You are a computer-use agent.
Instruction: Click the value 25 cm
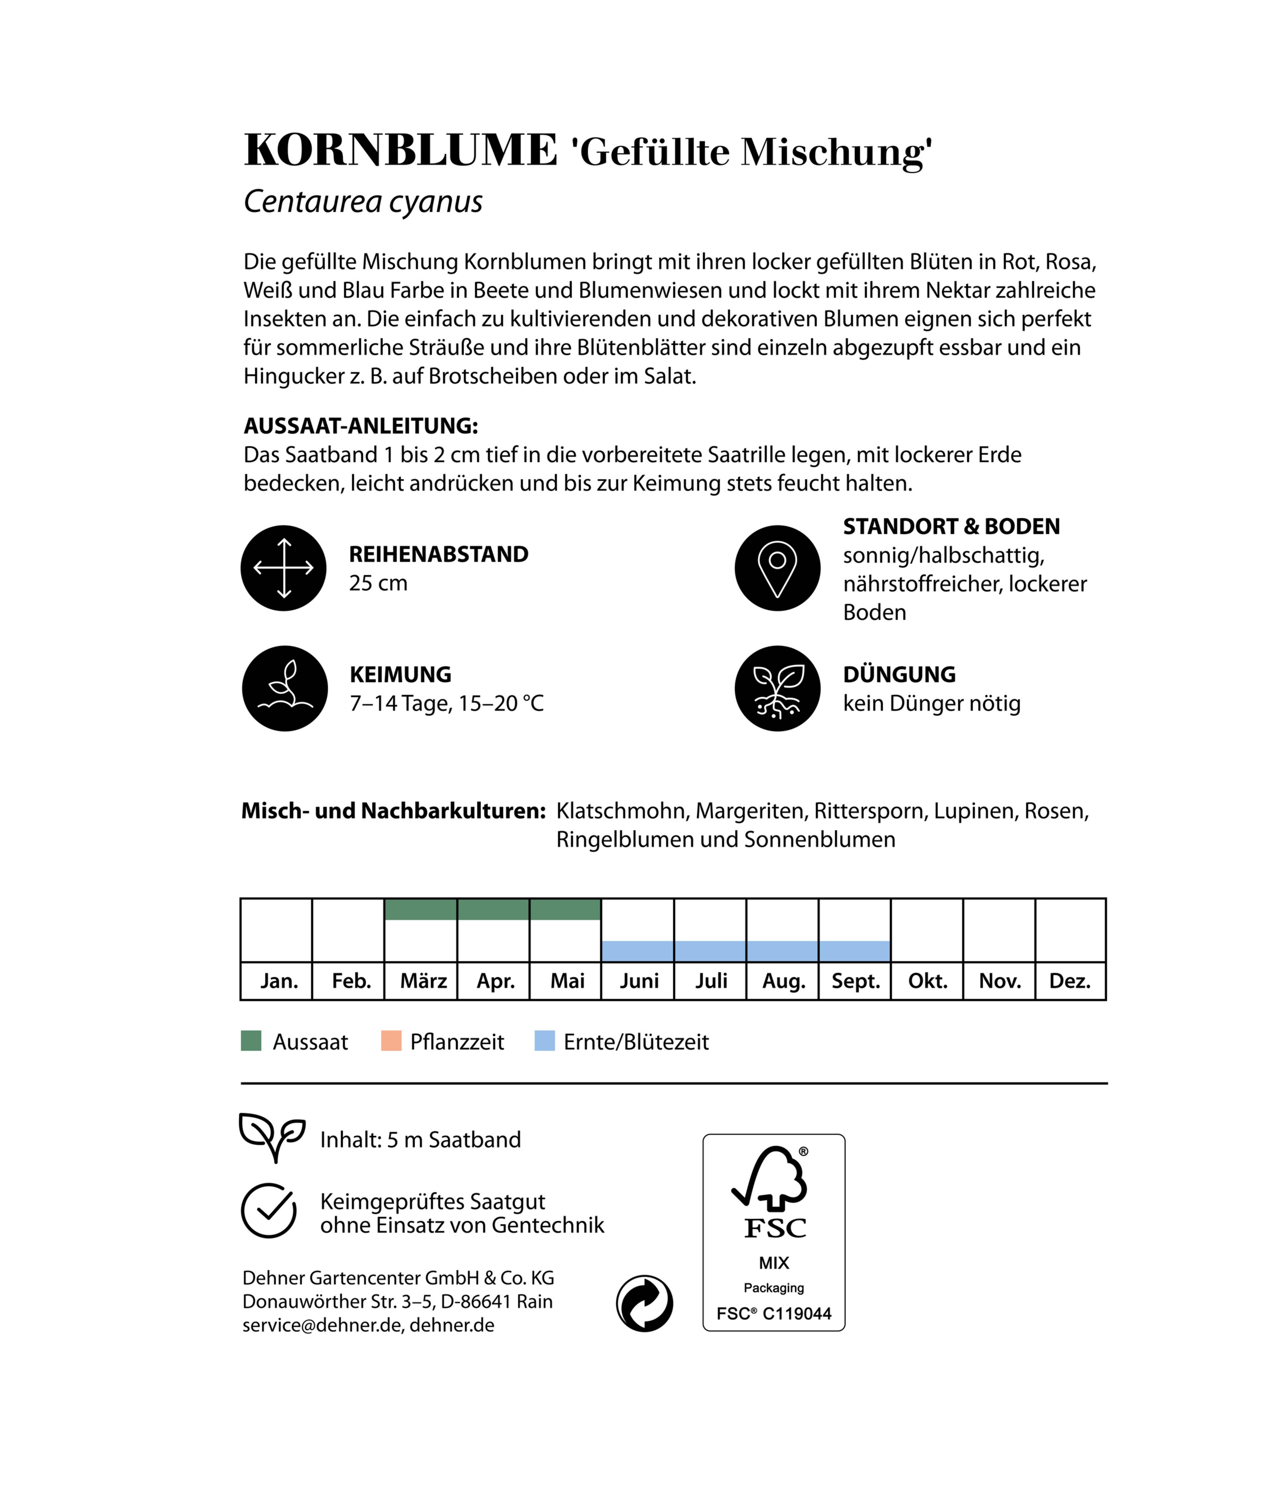378,583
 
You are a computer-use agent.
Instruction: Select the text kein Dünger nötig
931,703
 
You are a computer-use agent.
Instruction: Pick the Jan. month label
279,981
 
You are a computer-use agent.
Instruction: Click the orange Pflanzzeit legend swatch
391,1040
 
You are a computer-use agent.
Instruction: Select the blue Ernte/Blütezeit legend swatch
545,1040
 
